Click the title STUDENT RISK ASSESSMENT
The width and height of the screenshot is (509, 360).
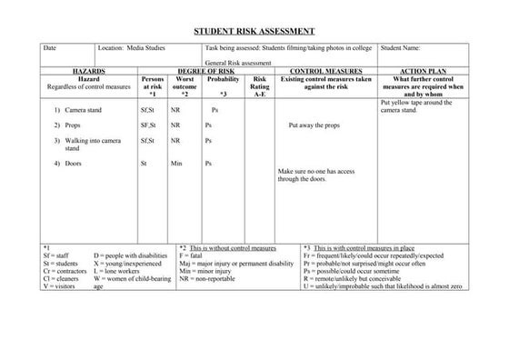coord(254,31)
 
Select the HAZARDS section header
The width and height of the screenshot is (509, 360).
coord(88,69)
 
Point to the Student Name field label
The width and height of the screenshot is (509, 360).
coord(400,46)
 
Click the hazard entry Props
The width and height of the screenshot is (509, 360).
coord(71,125)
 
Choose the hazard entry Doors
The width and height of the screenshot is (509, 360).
coord(72,164)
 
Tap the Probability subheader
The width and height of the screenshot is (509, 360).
coord(223,78)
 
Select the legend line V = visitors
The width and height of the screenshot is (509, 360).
coord(61,285)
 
